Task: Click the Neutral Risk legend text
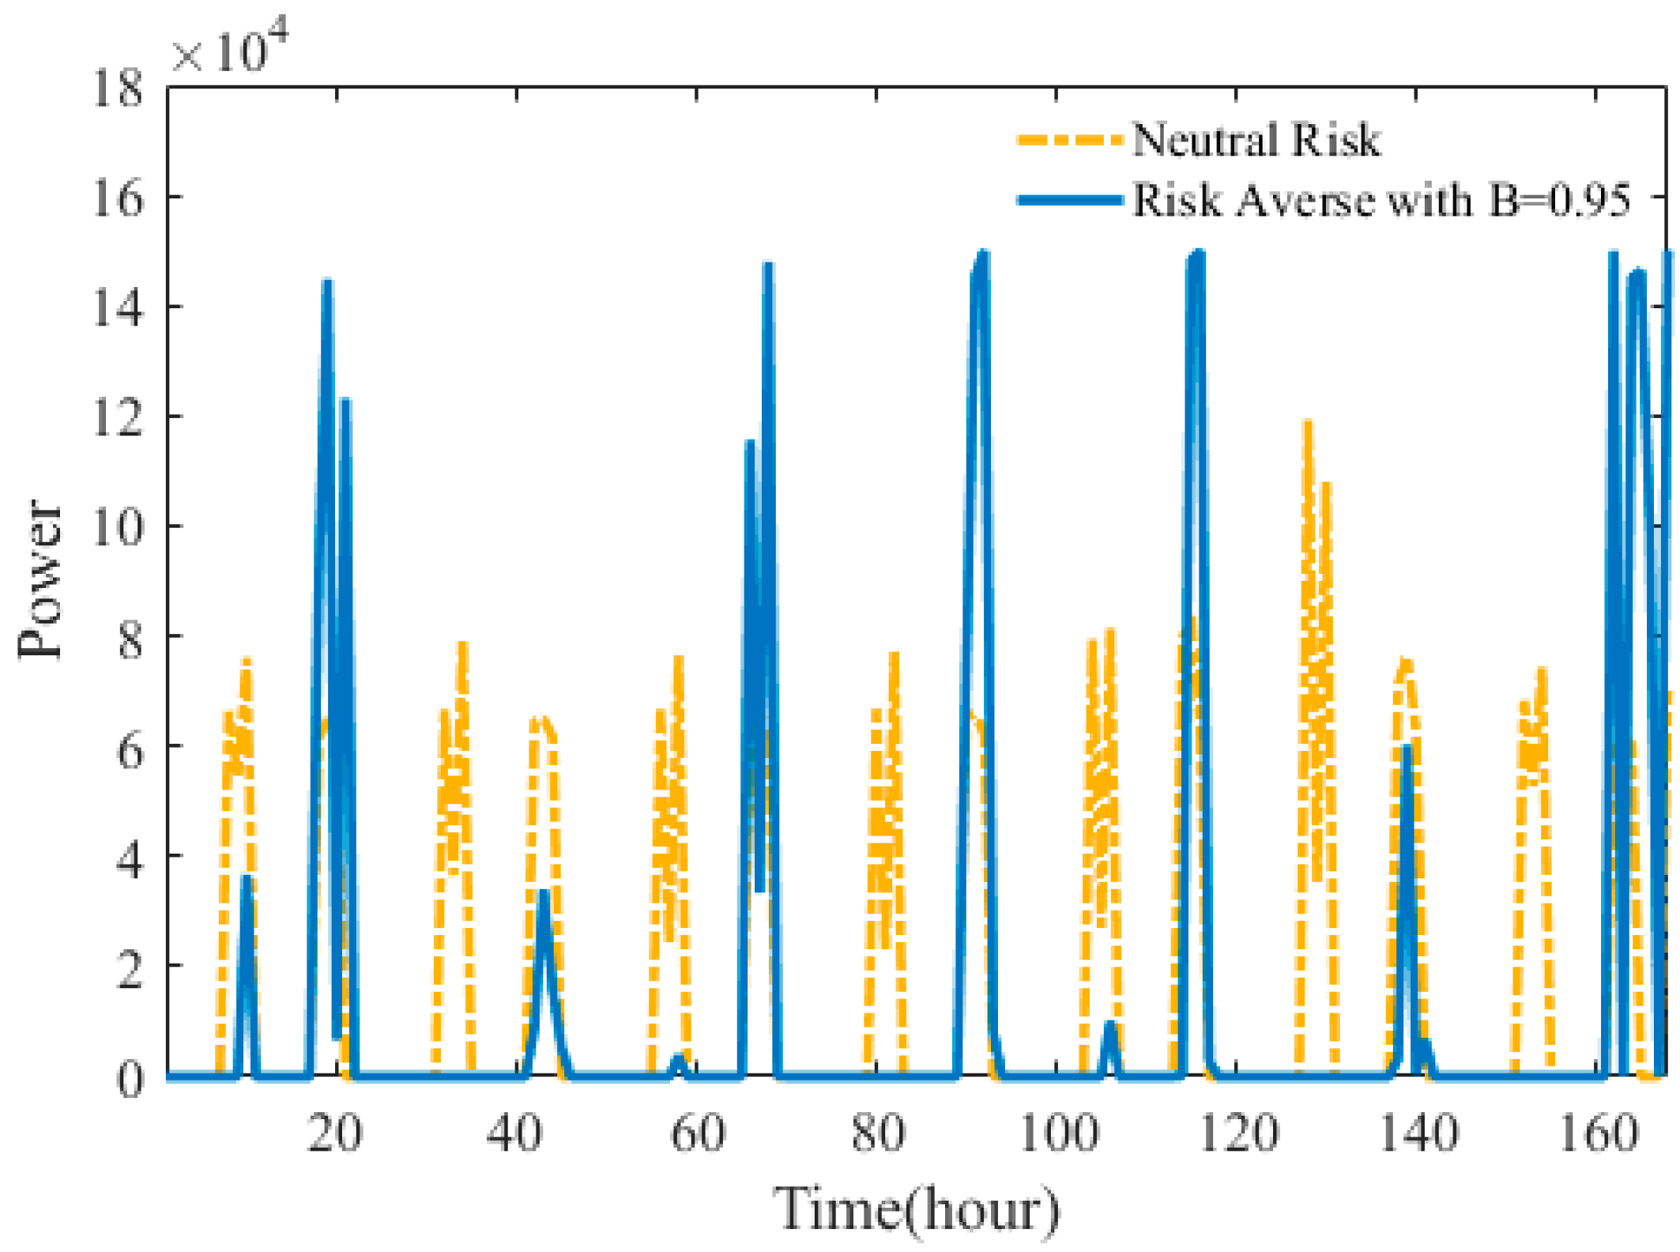tap(1256, 141)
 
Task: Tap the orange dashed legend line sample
tap(1069, 141)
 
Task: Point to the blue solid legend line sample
tap(1069, 200)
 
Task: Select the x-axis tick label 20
tap(335, 1133)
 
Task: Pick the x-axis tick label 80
tap(877, 1133)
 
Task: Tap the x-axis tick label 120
tap(1237, 1133)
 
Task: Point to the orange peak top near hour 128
tap(1308, 424)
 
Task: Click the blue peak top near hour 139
tap(1407, 748)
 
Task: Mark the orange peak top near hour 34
tap(463, 645)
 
